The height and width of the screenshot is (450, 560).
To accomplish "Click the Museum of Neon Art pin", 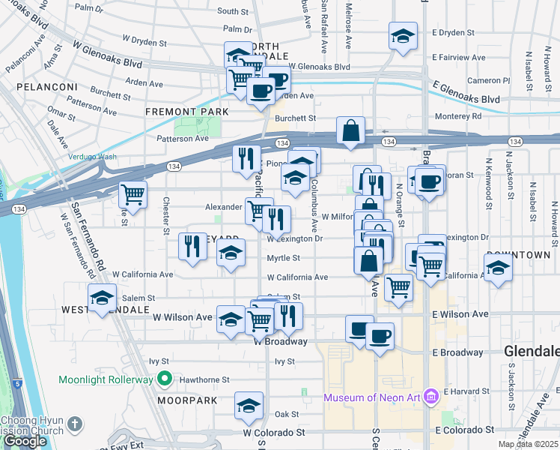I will pos(430,397).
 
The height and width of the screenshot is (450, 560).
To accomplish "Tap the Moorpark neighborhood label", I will pos(187,400).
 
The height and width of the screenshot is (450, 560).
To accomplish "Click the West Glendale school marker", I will pos(103,298).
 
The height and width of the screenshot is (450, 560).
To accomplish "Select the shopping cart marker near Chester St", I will pos(133,194).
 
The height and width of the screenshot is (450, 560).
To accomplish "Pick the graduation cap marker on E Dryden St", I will pos(403,35).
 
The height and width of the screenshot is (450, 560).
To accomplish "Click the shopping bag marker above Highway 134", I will pos(350,130).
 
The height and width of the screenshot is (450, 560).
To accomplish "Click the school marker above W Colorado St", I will pos(249,406).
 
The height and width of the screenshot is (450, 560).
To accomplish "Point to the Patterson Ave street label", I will pos(182,139).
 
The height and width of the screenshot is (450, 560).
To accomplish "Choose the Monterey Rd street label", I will pos(458,116).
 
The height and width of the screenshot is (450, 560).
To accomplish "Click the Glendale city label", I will pos(531,351).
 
